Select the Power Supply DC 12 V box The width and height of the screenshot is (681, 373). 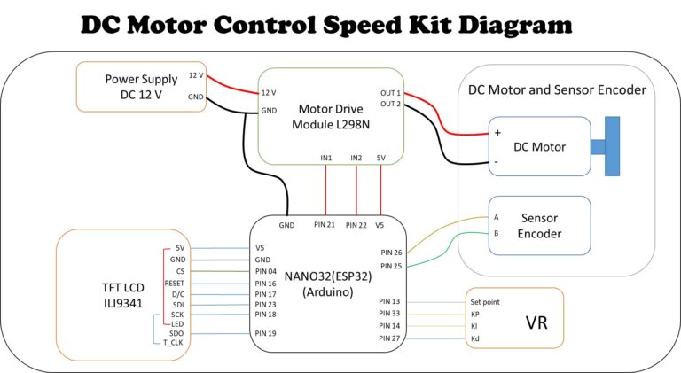click(x=142, y=86)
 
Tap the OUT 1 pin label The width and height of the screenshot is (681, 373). click(x=390, y=92)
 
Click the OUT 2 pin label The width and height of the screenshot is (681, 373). click(x=390, y=105)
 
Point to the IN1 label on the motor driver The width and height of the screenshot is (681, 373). click(x=326, y=158)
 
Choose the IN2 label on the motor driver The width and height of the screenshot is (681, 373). click(x=356, y=158)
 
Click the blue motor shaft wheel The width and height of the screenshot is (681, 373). click(x=613, y=145)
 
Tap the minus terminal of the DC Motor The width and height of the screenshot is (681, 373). click(x=497, y=162)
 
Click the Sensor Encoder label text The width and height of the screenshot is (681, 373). click(x=541, y=225)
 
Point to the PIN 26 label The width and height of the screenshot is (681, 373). click(x=391, y=252)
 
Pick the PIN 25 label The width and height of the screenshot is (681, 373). click(x=391, y=265)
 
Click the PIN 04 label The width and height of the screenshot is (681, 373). click(x=266, y=270)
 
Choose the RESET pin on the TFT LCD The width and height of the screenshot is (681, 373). click(x=174, y=283)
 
